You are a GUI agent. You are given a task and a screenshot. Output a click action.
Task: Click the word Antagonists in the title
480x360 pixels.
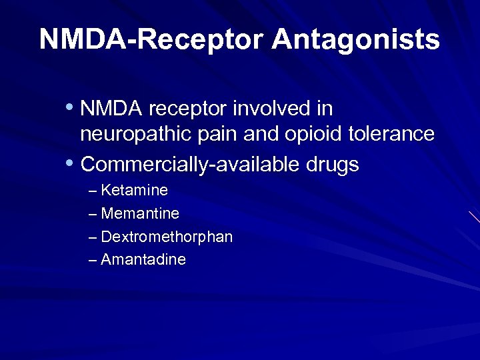355,40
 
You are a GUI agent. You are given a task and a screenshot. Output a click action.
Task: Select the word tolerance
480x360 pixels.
392,134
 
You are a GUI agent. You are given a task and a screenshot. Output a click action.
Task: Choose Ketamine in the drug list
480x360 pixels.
134,191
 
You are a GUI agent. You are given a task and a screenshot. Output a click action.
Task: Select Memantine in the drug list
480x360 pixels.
140,214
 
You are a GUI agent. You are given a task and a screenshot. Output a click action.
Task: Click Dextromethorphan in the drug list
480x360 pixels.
167,237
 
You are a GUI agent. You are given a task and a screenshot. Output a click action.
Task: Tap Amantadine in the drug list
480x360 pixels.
143,260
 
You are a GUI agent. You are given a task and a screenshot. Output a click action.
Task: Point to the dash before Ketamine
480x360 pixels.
93,191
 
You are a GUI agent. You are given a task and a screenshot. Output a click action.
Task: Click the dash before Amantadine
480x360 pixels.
93,261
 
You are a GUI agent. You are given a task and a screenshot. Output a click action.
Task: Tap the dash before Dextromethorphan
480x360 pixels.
93,237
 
